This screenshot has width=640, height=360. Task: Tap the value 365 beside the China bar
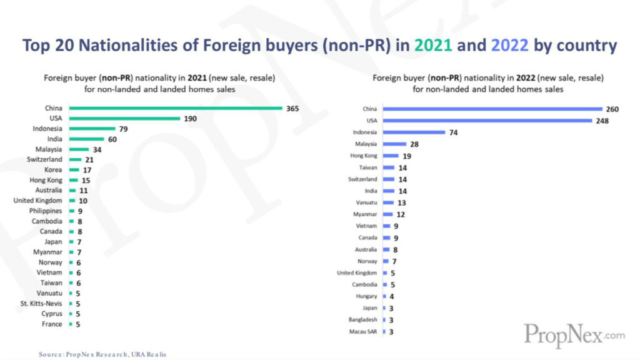292,109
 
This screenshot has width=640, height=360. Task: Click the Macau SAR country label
363,331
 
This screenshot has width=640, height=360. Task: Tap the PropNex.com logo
574,335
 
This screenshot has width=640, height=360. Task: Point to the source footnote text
102,354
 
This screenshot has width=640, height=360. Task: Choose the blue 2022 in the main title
510,46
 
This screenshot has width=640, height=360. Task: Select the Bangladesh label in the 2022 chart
362,319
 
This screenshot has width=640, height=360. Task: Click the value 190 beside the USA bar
191,119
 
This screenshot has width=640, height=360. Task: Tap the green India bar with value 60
86,139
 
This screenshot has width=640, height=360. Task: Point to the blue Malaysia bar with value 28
394,144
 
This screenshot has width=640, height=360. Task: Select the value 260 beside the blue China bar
612,109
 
